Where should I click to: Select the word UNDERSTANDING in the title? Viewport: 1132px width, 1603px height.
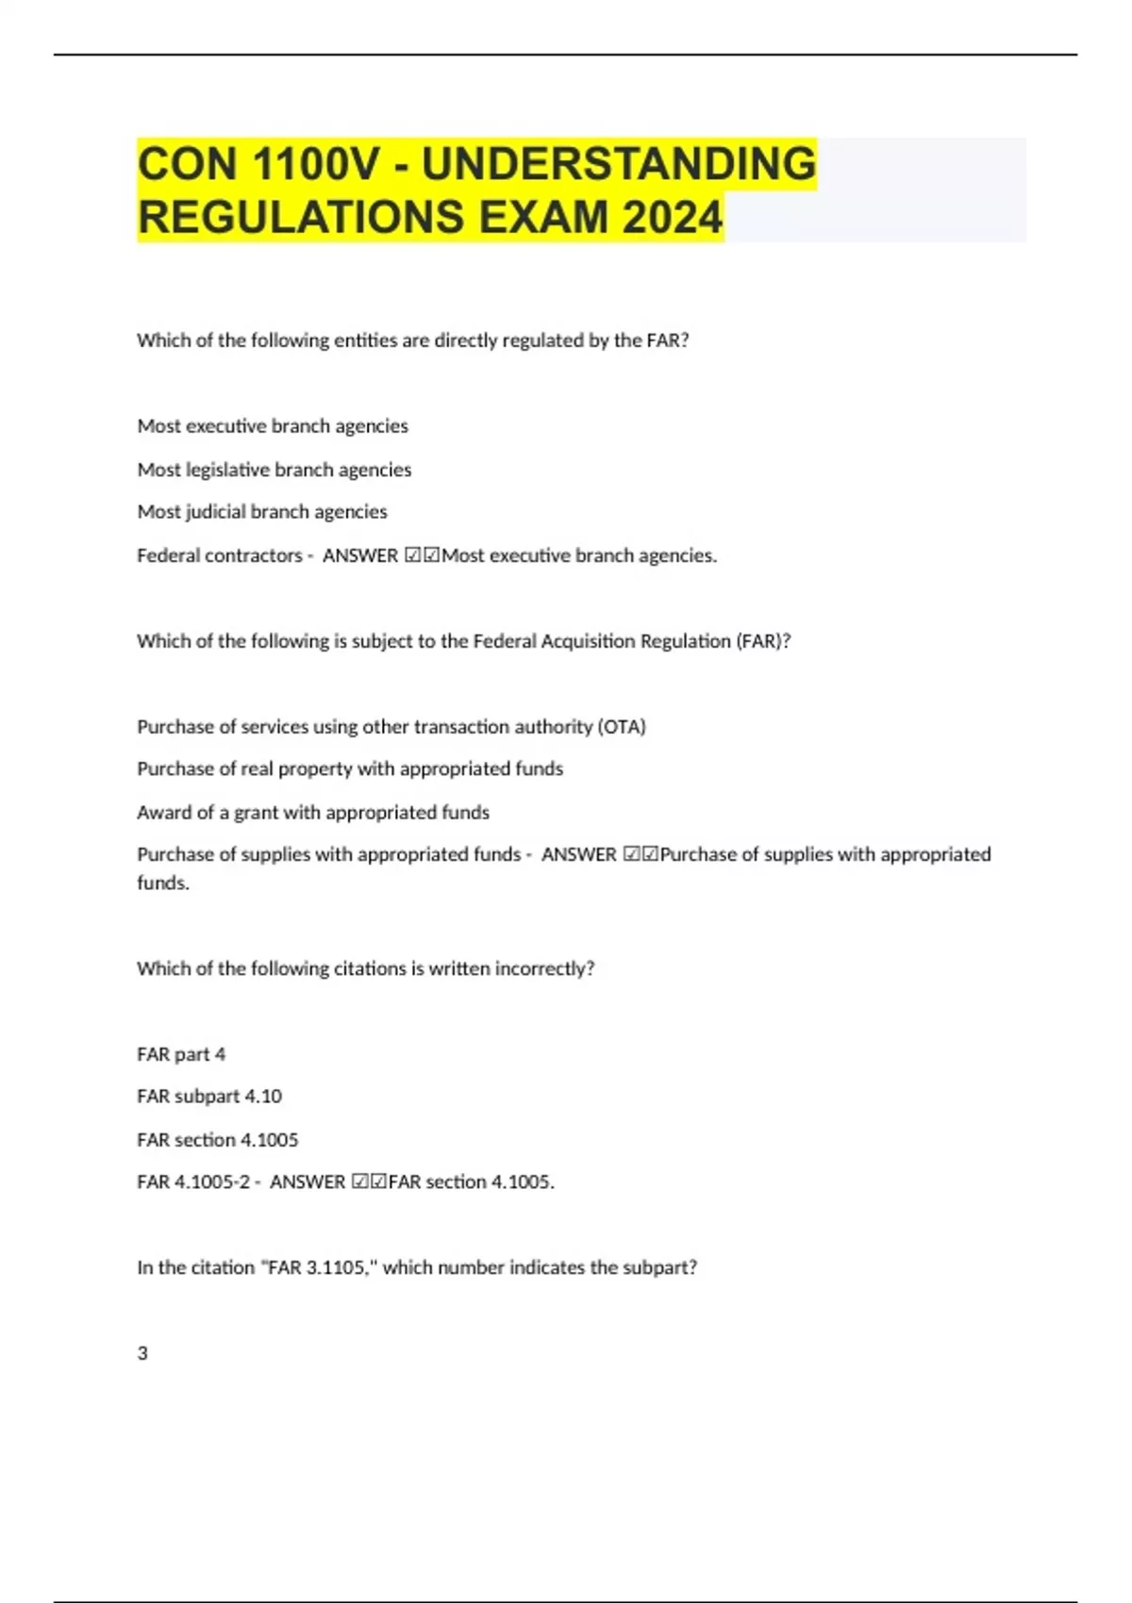(618, 164)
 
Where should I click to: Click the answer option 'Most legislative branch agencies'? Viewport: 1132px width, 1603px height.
(274, 470)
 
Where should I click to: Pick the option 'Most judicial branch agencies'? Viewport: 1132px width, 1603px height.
(262, 512)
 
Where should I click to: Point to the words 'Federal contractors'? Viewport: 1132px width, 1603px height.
(220, 555)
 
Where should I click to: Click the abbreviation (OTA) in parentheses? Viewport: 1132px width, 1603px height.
(622, 726)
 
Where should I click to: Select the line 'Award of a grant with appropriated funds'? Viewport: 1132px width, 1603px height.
(313, 812)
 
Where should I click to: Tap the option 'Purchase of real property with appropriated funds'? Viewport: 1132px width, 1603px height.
(350, 768)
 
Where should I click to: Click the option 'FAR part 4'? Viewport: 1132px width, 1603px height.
(181, 1054)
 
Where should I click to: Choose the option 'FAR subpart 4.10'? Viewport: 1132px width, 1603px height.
(209, 1097)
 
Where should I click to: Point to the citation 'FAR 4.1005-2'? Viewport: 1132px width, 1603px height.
(193, 1182)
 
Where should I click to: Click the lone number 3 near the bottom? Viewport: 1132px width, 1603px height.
(142, 1353)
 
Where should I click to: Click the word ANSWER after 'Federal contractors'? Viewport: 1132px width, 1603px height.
(360, 555)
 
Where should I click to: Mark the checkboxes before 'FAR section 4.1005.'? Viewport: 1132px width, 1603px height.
(369, 1182)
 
